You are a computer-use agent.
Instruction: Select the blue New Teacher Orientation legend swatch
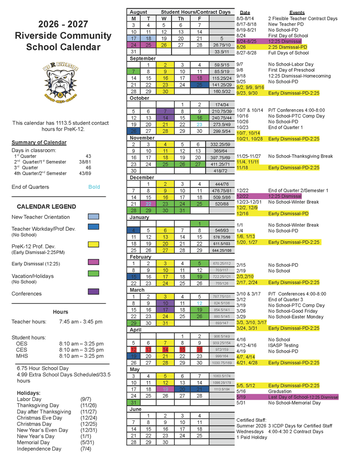coord(93,217)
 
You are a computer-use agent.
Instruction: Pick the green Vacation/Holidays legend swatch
coord(93,274)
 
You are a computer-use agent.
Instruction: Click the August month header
coord(138,12)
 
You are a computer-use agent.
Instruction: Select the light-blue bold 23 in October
coord(199,124)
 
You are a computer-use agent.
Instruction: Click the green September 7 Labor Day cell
coord(133,71)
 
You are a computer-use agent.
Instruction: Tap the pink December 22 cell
coord(149,204)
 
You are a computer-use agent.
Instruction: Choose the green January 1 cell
coord(199,223)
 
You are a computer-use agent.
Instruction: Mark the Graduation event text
coord(279,391)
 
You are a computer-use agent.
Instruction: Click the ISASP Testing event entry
coord(284,345)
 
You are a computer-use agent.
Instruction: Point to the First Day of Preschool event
coord(291,70)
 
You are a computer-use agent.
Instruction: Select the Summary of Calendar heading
coord(39,142)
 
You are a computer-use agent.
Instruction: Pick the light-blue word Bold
coord(94,187)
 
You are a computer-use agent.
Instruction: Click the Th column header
coord(181,19)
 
